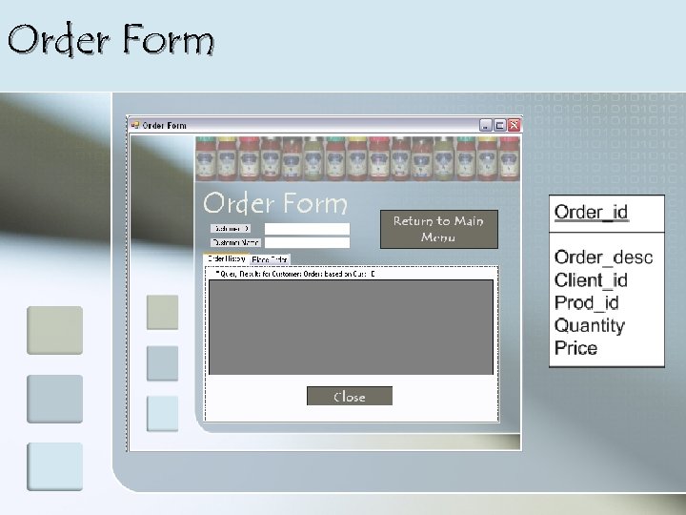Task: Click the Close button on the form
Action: point(349,396)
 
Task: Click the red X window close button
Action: point(514,125)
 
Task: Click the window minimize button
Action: point(486,125)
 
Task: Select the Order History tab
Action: point(227,258)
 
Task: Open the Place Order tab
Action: point(270,258)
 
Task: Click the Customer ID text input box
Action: point(307,229)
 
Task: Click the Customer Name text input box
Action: point(307,242)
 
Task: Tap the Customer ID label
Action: point(232,229)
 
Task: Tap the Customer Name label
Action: point(235,242)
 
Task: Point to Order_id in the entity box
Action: point(591,212)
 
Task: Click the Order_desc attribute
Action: point(603,257)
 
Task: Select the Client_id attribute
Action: point(591,279)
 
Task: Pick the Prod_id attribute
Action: point(587,302)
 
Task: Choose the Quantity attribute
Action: point(590,325)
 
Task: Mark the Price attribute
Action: point(575,348)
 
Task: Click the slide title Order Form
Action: point(111,41)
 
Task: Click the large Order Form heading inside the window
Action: point(275,203)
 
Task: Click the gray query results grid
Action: point(351,327)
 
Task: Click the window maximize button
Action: point(500,125)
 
